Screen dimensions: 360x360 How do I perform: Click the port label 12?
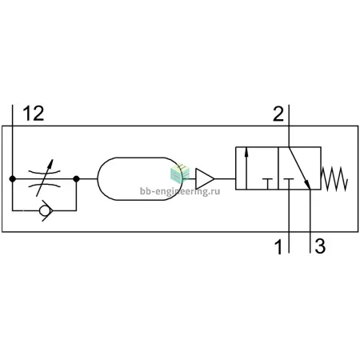click(x=34, y=114)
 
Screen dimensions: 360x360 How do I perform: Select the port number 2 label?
click(x=278, y=114)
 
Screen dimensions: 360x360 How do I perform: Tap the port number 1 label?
click(x=278, y=246)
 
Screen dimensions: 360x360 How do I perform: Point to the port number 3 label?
click(x=320, y=246)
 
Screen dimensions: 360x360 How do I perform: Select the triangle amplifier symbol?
click(x=205, y=178)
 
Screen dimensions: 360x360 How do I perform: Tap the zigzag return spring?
click(x=334, y=178)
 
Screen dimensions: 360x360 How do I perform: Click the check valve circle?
click(x=44, y=210)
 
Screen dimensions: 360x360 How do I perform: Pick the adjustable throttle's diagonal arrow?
click(x=45, y=178)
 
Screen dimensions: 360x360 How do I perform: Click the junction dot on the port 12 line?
click(x=12, y=178)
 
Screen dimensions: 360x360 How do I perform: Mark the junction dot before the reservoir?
click(x=76, y=178)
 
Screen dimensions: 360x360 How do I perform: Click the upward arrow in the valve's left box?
click(x=246, y=169)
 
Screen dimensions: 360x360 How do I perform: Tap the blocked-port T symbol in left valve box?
click(x=267, y=184)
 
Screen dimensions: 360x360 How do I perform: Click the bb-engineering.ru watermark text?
click(x=180, y=191)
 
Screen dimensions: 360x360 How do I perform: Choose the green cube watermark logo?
click(x=180, y=173)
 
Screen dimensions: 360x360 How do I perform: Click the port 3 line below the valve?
click(x=310, y=221)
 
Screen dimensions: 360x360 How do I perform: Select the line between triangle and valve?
click(x=225, y=178)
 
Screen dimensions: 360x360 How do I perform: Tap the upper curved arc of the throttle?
click(x=45, y=171)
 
